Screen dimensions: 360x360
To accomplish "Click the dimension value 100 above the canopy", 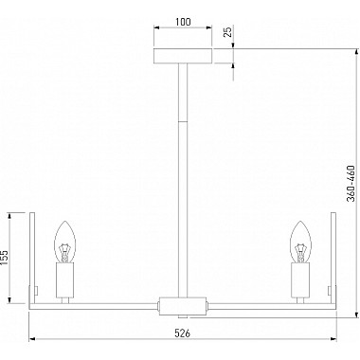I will coord(182,19).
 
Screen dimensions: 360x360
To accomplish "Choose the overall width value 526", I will coord(182,333).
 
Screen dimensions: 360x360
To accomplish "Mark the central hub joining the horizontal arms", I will coord(182,306).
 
